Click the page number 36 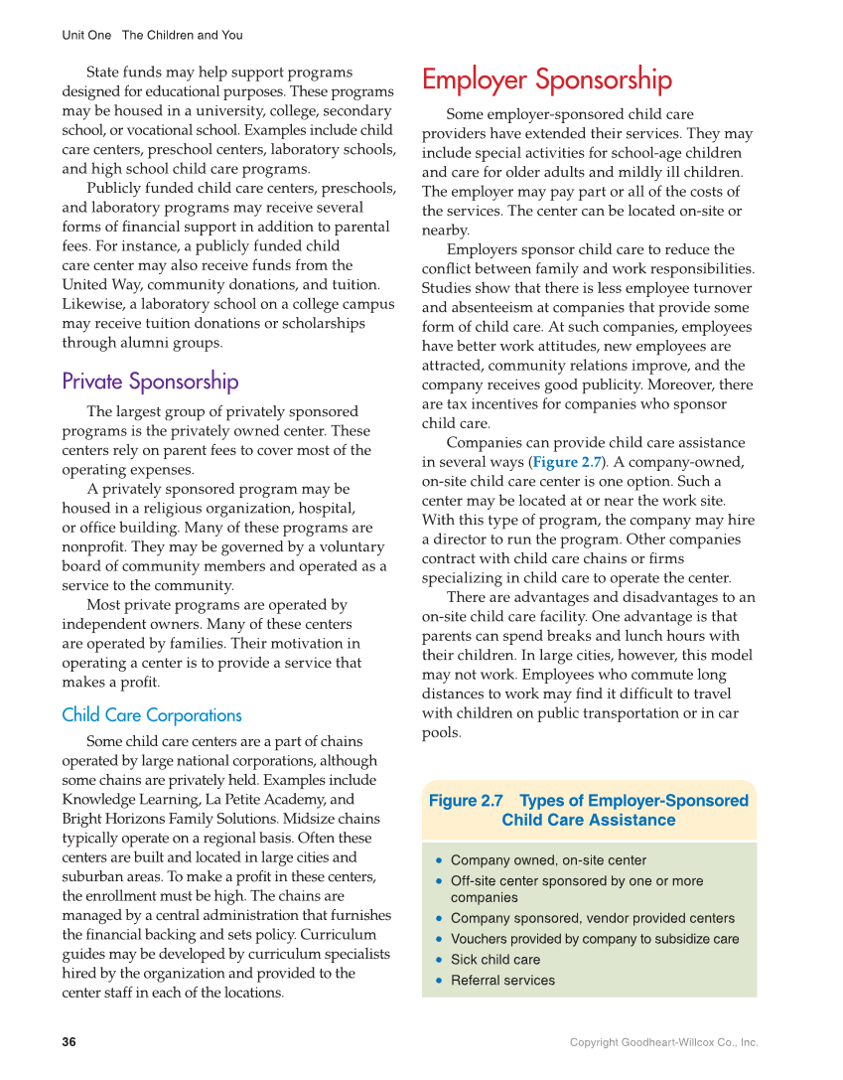tap(69, 1042)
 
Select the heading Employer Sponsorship tap(546, 79)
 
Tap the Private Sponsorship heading tap(150, 382)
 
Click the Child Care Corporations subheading tap(151, 715)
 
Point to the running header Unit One tap(86, 35)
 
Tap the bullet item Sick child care tap(495, 960)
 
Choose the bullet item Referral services tap(502, 981)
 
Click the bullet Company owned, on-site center tap(548, 860)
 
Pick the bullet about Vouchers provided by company tap(595, 939)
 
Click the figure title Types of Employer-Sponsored tap(633, 801)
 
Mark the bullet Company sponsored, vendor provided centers tap(593, 918)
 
